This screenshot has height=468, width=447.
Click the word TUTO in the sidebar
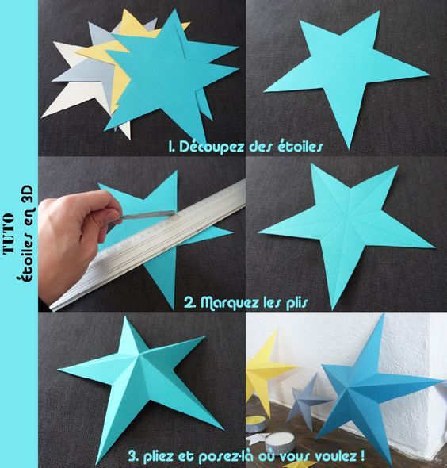tap(9, 233)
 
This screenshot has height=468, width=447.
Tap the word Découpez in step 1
tap(211, 147)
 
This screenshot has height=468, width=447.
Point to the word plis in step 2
tap(296, 303)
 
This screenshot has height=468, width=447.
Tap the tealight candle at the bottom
tap(280, 442)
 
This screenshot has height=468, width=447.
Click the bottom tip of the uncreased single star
tap(348, 149)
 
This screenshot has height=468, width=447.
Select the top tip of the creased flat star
tap(311, 163)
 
